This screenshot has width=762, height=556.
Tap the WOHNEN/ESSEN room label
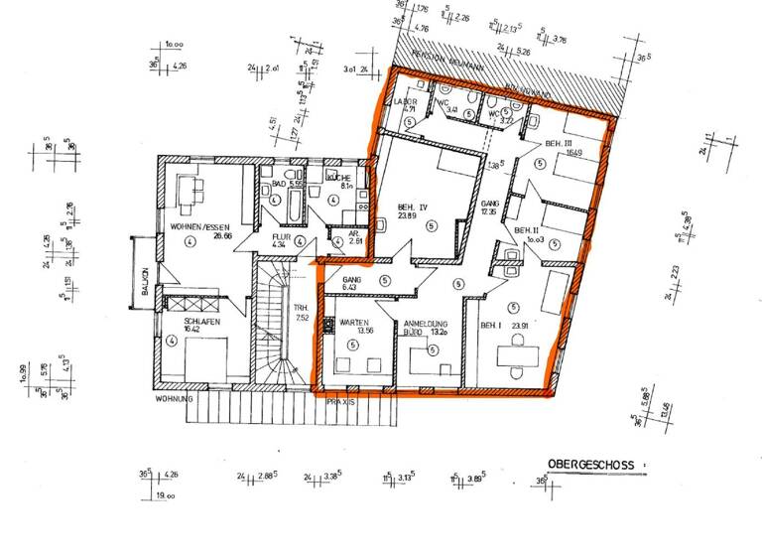click(200, 226)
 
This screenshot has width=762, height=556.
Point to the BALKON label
click(145, 288)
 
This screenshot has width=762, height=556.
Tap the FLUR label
click(281, 237)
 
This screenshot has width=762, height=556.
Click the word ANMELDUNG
click(427, 324)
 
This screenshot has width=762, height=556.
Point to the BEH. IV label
click(412, 208)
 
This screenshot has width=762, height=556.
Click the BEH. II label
click(526, 229)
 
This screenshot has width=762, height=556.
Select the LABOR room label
click(407, 102)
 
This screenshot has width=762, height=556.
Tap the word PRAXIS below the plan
click(340, 399)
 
